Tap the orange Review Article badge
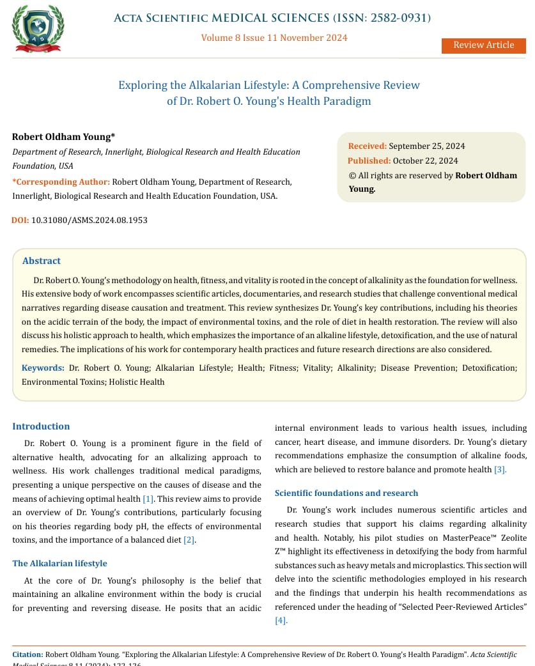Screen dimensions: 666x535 483,45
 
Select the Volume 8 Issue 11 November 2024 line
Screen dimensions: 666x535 274,38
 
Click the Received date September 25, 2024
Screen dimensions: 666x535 426,146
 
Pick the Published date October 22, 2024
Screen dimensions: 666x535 425,160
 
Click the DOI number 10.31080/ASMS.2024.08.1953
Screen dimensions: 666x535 89,220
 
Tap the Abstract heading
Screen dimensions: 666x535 42,261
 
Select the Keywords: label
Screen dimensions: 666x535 43,368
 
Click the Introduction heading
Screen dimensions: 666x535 41,426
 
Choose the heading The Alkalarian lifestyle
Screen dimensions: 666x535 59,563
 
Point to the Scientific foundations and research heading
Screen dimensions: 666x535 346,493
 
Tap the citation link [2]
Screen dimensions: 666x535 189,540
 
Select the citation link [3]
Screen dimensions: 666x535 500,470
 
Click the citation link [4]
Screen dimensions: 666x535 281,620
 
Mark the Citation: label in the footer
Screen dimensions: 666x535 28,654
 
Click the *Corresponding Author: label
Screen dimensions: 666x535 61,182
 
